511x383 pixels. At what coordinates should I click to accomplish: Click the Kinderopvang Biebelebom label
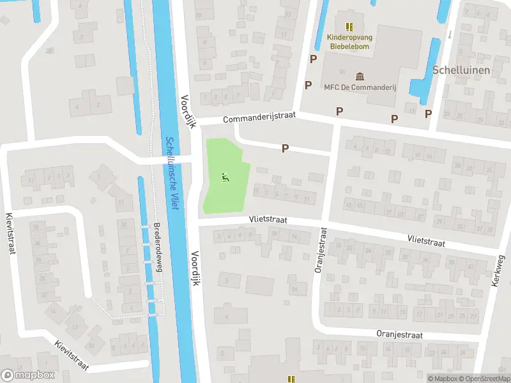(349, 41)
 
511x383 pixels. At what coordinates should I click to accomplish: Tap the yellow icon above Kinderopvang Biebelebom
(349, 26)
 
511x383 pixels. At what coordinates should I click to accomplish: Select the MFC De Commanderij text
(360, 87)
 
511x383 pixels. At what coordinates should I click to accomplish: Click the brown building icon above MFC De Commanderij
(360, 76)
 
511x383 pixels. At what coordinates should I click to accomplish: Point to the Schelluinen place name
(461, 70)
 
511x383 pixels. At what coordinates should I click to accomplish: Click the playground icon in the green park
(224, 177)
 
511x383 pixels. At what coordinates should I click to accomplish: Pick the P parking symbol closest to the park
(286, 148)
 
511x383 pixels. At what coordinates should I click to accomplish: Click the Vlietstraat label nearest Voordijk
(268, 220)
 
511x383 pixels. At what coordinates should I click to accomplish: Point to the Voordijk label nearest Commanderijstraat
(187, 112)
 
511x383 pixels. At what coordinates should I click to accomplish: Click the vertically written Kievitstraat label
(10, 234)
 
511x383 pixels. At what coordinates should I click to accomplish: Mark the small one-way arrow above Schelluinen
(450, 34)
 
